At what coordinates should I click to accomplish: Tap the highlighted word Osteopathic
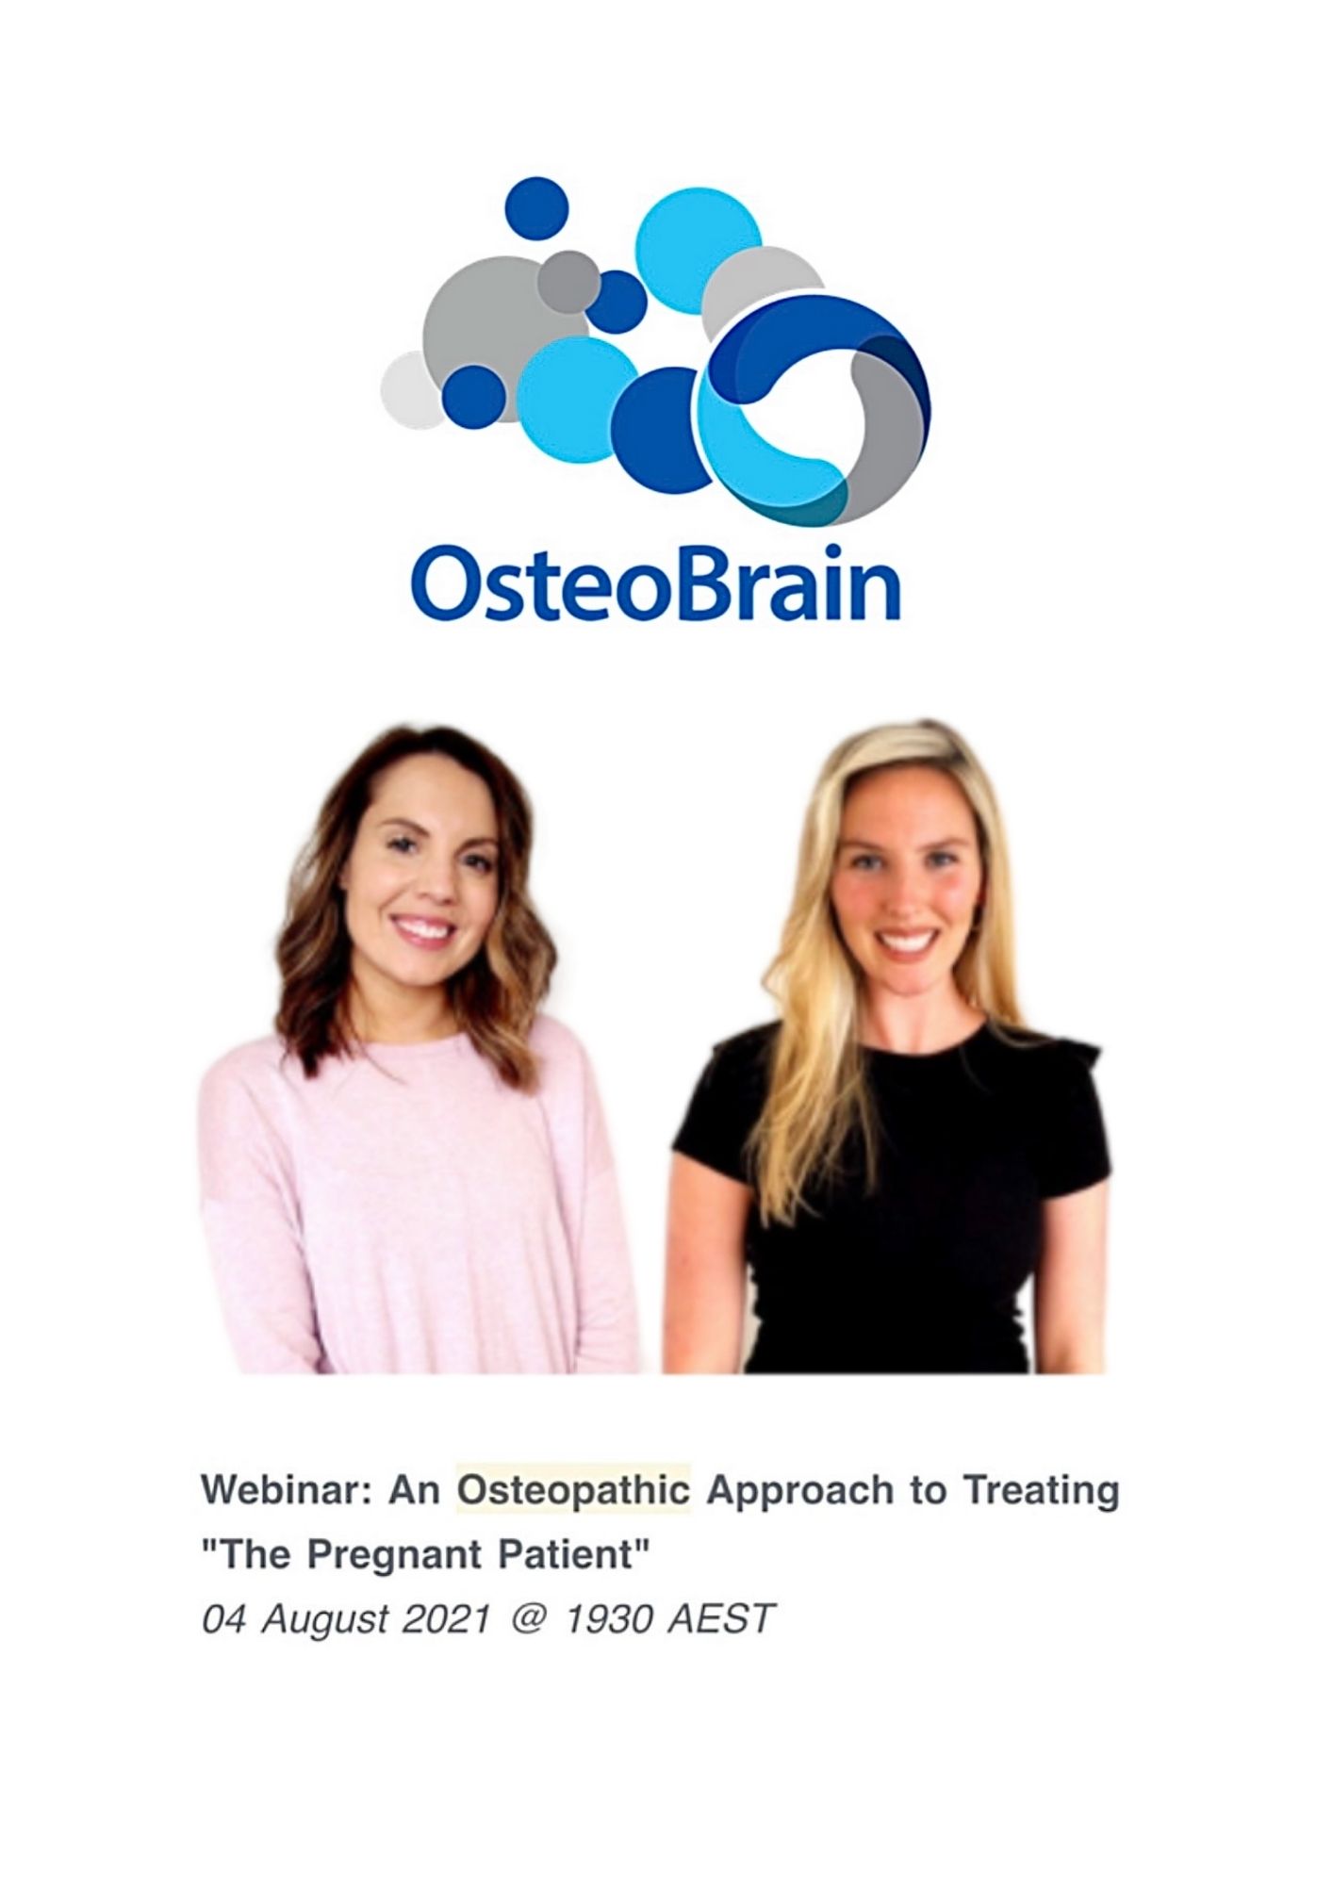(574, 1491)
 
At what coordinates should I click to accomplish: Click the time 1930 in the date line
(609, 1618)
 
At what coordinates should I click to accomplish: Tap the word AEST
(721, 1618)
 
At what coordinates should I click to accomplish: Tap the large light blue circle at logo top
(698, 251)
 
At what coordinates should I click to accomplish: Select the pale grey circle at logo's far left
(412, 389)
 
